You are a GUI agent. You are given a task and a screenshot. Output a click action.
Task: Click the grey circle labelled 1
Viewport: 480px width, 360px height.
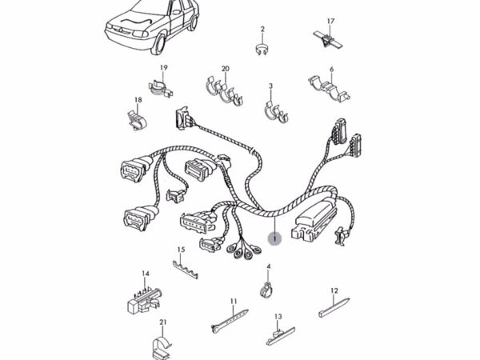[x=274, y=238]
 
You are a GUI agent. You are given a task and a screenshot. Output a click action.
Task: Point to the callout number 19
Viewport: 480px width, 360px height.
[x=163, y=68]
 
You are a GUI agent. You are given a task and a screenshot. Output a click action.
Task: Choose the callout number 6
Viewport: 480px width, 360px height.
[x=331, y=70]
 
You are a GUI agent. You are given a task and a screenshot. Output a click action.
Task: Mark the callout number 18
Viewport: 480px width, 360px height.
[x=138, y=100]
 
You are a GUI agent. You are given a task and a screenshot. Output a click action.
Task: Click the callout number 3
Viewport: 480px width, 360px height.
[x=270, y=86]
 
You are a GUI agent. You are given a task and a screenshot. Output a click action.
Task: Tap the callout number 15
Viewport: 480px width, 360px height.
[x=181, y=250]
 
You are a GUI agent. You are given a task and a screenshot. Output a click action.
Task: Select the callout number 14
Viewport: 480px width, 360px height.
[x=146, y=274]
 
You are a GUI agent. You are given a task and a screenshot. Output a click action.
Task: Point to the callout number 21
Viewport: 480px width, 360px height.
[x=162, y=322]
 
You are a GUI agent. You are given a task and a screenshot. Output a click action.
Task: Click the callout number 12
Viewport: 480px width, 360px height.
[x=334, y=290]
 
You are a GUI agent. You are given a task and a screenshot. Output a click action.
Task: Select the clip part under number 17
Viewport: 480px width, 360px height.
[x=327, y=37]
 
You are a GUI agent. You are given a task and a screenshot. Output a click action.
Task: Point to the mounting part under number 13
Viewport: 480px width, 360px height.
[x=278, y=331]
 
